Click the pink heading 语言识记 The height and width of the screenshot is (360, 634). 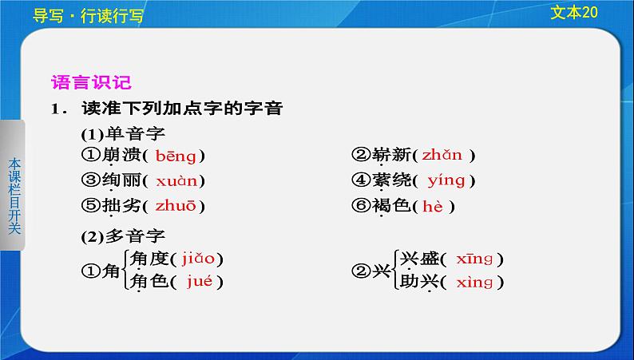(x=91, y=82)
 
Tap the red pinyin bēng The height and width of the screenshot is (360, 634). (x=176, y=156)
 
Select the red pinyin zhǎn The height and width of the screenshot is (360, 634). (x=442, y=155)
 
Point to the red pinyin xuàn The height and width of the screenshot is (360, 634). (x=176, y=181)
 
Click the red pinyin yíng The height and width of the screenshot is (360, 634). (x=446, y=180)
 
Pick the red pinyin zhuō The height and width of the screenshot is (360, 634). (x=176, y=206)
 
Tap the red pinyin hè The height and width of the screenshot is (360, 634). (x=433, y=207)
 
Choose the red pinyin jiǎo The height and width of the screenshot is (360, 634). (x=198, y=258)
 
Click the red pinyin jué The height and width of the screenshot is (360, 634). (x=200, y=281)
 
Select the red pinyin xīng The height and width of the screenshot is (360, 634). (x=474, y=259)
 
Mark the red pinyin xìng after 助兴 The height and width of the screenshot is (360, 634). (x=474, y=282)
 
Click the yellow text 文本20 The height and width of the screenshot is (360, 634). (x=574, y=13)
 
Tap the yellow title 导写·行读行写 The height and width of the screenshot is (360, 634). (x=88, y=16)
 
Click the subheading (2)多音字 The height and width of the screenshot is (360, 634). (x=123, y=236)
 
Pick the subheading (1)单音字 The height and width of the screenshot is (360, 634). (x=123, y=133)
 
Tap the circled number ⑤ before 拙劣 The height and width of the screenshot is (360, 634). (x=90, y=206)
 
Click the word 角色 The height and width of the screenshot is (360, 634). (x=149, y=281)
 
